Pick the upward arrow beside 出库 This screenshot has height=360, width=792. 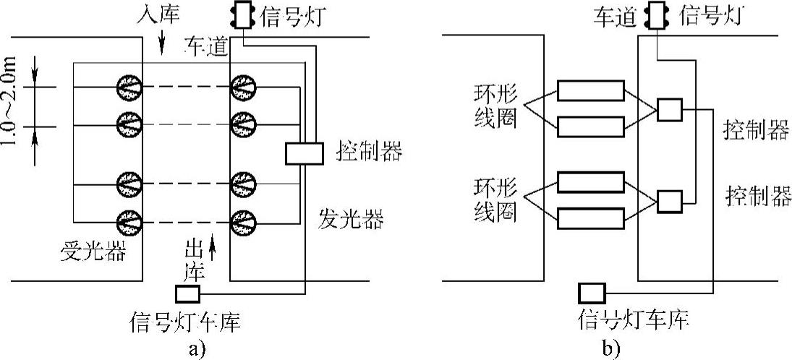click(212, 251)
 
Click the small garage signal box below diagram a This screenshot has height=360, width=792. click(187, 294)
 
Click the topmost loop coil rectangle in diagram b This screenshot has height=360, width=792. click(590, 90)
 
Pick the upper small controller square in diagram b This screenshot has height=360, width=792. click(669, 111)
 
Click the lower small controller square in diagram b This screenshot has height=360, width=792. click(669, 200)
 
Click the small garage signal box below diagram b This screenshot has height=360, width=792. click(591, 293)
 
